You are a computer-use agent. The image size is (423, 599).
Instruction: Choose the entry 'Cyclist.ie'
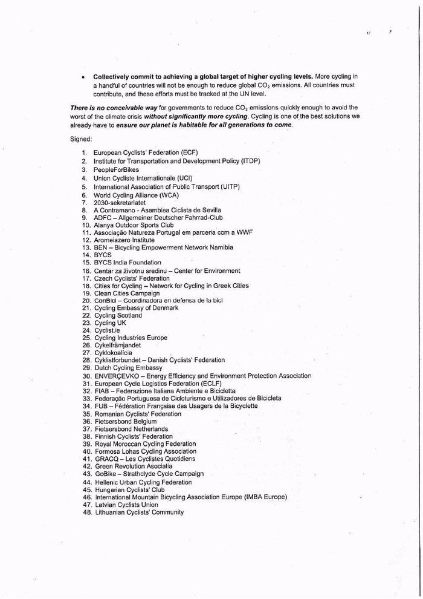(x=108, y=330)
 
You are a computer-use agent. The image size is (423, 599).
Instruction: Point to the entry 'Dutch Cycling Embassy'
(x=128, y=367)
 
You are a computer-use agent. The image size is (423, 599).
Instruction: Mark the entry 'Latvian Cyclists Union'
(x=126, y=504)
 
